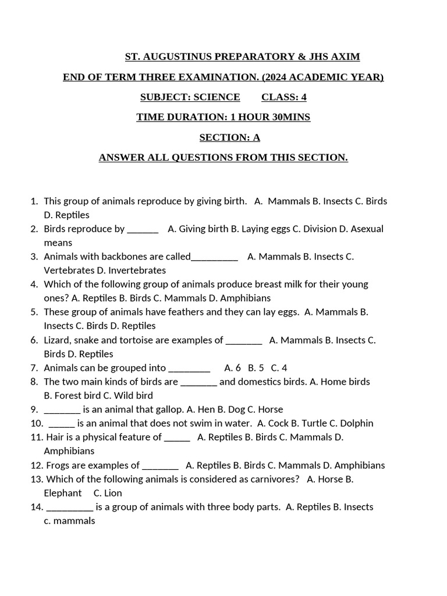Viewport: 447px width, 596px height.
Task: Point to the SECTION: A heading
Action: pos(229,137)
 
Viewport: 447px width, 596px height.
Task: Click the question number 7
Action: pos(34,368)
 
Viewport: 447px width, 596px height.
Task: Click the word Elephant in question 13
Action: pos(63,493)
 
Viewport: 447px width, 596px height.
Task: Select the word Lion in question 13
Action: pos(113,493)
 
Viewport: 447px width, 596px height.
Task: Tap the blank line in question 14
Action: pos(69,508)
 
